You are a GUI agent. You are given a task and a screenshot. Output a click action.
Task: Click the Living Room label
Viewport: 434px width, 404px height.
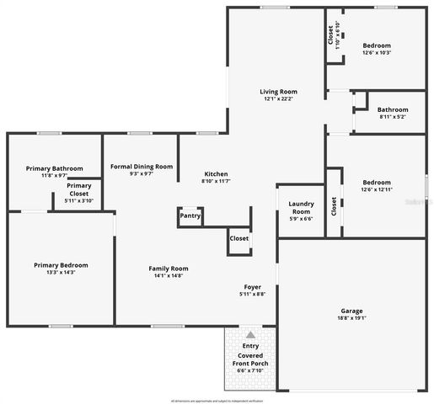click(x=277, y=92)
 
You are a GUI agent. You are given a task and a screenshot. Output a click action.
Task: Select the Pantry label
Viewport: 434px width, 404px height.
click(x=190, y=216)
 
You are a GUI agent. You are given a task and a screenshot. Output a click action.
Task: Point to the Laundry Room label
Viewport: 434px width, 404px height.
click(x=301, y=207)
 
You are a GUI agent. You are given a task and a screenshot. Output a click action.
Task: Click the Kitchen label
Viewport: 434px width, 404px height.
click(x=217, y=173)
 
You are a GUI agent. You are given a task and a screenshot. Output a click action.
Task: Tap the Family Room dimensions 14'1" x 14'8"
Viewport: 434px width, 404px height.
click(x=168, y=275)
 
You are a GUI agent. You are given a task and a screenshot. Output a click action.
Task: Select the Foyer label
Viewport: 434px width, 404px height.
click(x=253, y=286)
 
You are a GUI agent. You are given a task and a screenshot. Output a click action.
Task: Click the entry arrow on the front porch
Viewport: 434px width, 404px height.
click(x=250, y=335)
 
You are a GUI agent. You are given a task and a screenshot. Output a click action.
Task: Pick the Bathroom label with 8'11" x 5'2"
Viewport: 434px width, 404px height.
click(x=392, y=109)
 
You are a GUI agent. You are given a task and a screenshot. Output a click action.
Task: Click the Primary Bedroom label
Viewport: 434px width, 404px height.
click(x=61, y=265)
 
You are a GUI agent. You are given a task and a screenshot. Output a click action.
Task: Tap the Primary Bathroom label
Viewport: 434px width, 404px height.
click(x=54, y=168)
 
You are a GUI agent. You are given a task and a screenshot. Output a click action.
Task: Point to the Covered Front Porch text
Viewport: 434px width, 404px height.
click(x=250, y=360)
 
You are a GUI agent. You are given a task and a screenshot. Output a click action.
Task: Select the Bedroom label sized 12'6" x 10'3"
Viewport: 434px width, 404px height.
click(x=377, y=45)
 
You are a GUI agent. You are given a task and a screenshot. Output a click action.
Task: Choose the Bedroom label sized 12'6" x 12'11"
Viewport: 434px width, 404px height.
click(x=377, y=183)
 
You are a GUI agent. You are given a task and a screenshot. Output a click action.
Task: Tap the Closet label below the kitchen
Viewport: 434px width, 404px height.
click(x=238, y=238)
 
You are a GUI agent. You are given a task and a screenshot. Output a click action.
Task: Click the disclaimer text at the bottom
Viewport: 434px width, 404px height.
click(x=217, y=400)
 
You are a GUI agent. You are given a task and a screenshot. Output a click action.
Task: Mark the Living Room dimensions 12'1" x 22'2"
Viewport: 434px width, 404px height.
click(x=277, y=99)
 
